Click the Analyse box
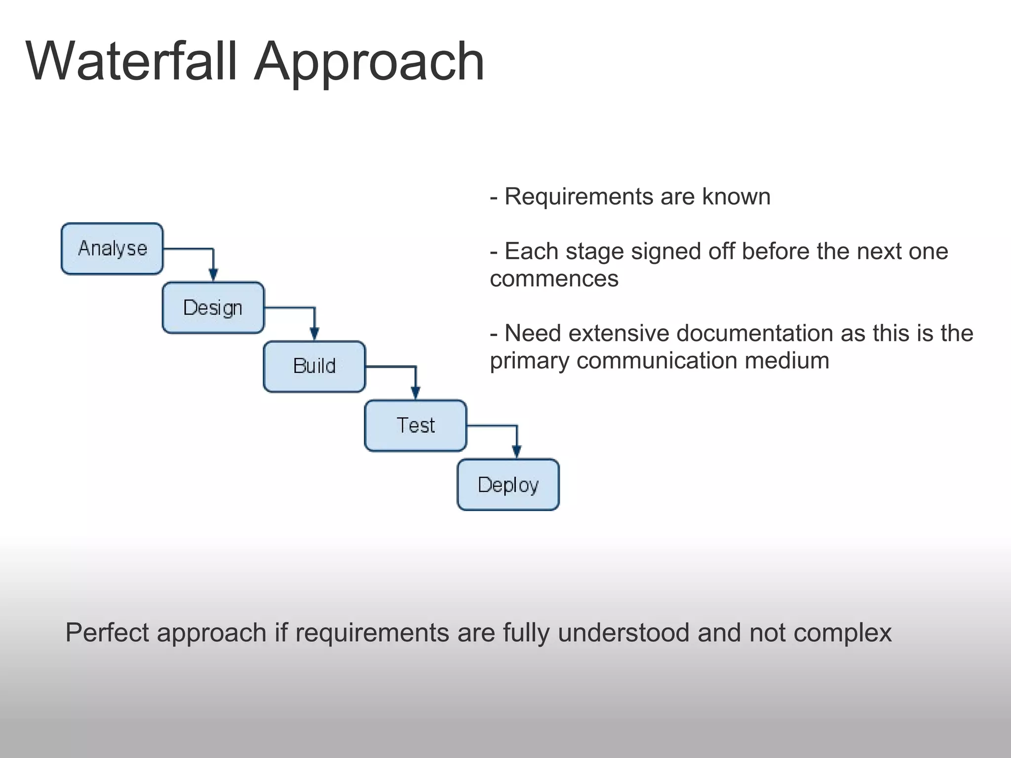(112, 249)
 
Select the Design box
(213, 308)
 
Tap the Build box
(314, 367)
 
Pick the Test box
(416, 425)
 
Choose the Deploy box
(508, 485)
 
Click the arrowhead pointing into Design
(213, 275)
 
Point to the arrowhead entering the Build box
(314, 334)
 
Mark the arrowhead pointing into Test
(416, 393)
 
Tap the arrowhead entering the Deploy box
(516, 452)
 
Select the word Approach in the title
(369, 62)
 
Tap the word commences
(554, 279)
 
